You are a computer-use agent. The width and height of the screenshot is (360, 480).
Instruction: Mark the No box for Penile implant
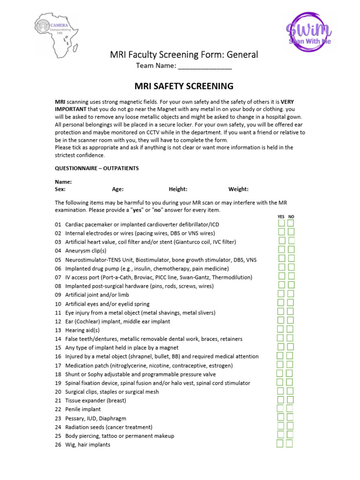pos(290,408)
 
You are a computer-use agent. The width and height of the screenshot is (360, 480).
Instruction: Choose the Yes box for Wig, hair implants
pos(280,443)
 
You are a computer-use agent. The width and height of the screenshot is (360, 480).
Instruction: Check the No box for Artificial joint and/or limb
pos(291,293)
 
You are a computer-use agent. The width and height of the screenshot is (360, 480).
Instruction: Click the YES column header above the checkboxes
pos(281,217)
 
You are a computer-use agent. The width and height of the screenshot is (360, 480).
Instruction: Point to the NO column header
pos(291,217)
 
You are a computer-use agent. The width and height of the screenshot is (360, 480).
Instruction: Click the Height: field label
pos(178,189)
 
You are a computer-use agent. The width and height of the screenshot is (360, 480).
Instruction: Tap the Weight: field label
pos(238,189)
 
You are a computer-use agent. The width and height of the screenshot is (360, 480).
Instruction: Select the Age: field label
pos(118,189)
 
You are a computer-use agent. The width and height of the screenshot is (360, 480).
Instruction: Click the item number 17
pos(58,366)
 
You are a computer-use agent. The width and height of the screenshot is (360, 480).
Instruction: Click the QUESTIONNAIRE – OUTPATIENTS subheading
pos(97,168)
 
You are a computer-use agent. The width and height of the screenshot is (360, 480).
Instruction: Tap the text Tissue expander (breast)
pos(96,401)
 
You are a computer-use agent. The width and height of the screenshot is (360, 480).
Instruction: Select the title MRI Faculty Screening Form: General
pos(184,55)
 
